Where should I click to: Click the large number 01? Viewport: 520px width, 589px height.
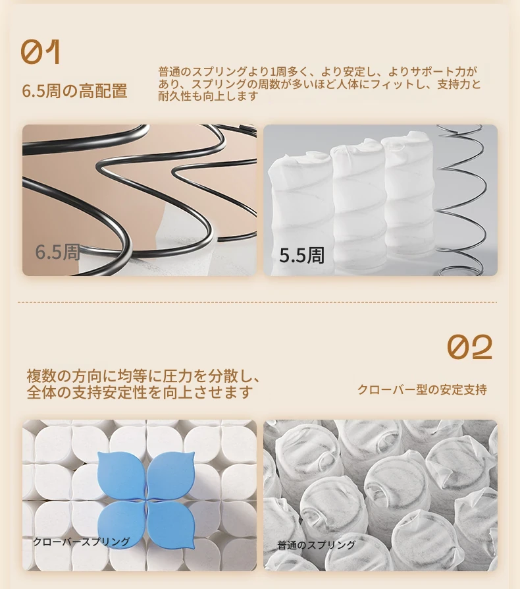click(41, 52)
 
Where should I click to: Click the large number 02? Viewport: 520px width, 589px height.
click(469, 347)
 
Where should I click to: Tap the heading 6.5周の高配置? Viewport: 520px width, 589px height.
click(74, 91)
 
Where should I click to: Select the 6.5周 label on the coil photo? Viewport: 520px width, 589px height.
click(57, 252)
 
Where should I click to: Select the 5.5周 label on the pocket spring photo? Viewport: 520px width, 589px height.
click(301, 256)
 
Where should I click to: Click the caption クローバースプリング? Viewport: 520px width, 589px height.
click(82, 542)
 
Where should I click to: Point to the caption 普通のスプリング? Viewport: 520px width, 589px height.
click(316, 545)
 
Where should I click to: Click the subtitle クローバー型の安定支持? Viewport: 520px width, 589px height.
click(422, 389)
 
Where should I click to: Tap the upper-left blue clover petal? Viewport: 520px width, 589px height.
click(121, 475)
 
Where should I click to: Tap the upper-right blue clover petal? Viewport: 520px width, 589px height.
click(170, 475)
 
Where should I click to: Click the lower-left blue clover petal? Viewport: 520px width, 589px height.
click(121, 525)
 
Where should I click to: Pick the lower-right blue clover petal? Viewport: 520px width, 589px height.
click(170, 525)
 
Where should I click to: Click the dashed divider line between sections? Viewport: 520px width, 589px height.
click(257, 302)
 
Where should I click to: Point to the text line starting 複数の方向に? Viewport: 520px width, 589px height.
click(143, 376)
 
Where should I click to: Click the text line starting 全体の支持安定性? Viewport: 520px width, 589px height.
click(139, 392)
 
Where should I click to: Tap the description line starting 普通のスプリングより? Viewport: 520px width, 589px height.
click(317, 71)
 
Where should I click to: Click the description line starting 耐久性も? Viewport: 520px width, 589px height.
click(208, 96)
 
